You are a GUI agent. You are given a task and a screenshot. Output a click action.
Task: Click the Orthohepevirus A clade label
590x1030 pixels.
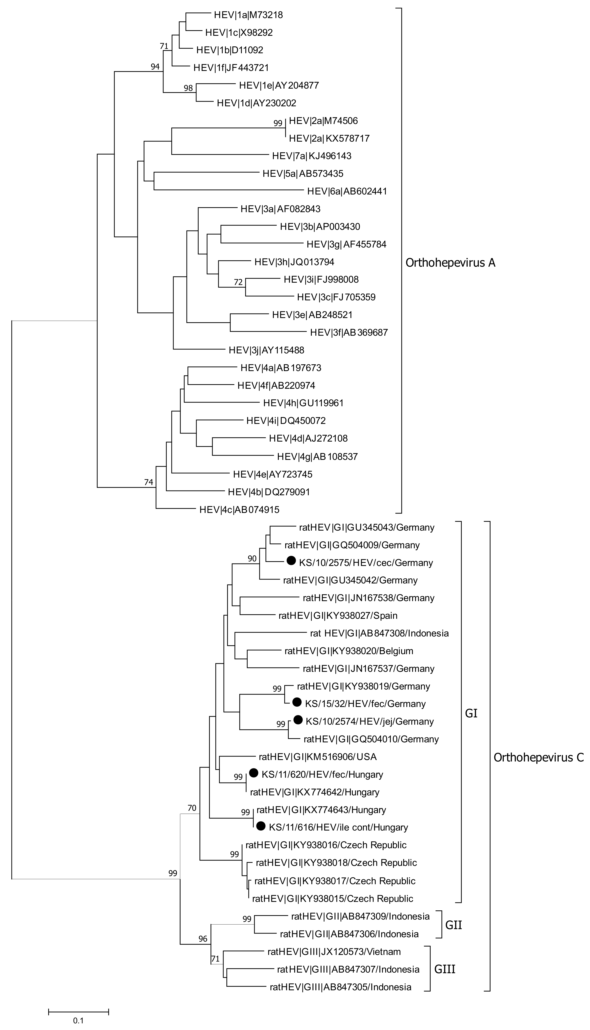click(450, 263)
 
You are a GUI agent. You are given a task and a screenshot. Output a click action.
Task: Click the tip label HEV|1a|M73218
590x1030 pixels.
click(248, 15)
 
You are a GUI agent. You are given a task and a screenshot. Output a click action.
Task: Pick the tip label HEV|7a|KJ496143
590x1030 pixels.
click(312, 156)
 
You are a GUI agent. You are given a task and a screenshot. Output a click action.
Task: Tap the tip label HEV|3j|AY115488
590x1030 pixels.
click(266, 350)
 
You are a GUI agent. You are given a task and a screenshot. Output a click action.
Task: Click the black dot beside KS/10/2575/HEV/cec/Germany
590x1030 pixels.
click(291, 561)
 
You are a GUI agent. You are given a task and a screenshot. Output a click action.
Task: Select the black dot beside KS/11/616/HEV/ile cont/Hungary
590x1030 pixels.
click(261, 825)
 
